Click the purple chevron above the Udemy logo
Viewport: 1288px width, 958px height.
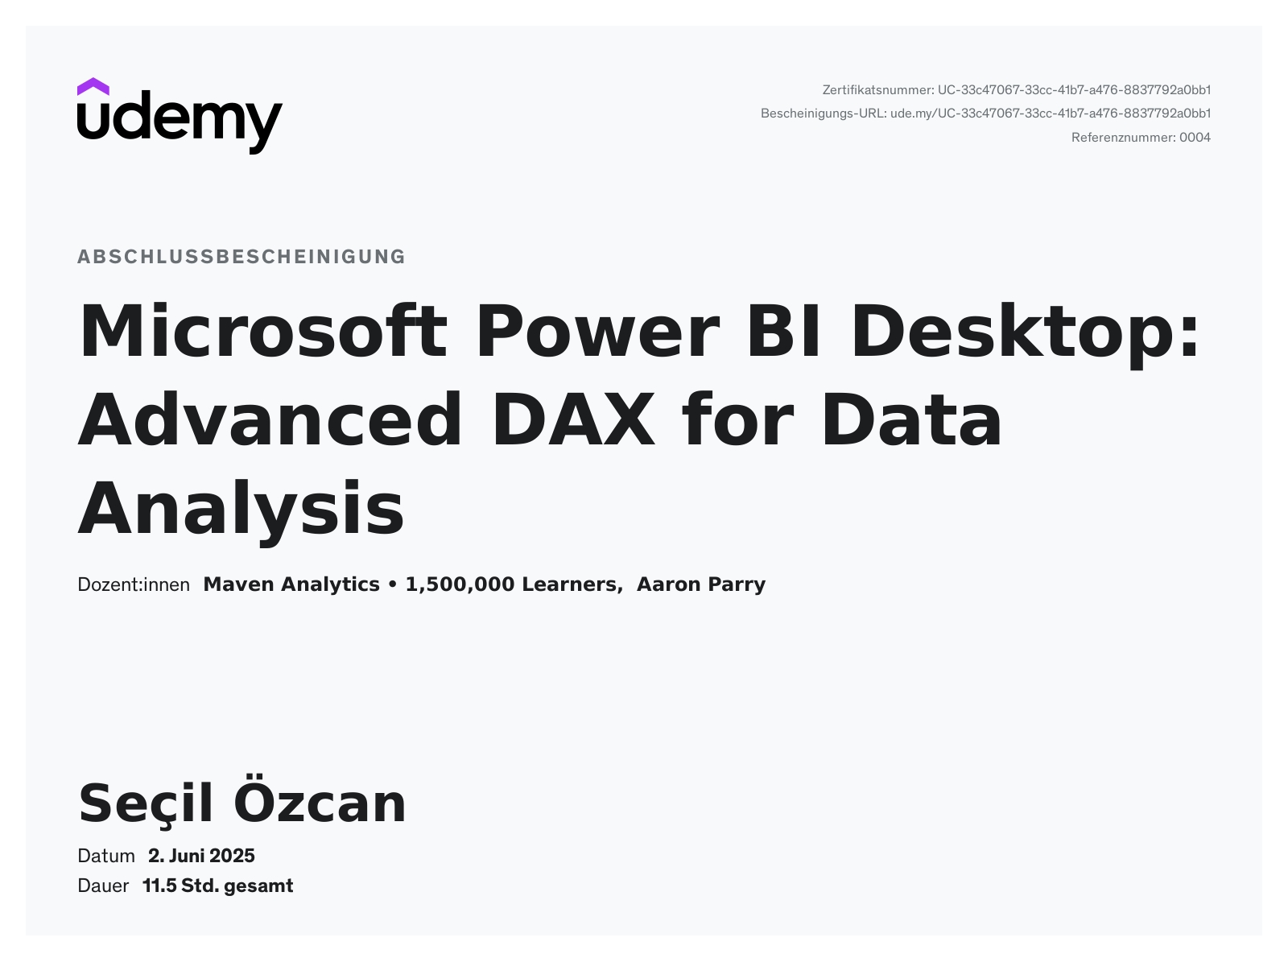93,86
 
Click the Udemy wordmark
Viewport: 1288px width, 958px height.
180,122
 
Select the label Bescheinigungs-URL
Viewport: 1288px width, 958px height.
824,114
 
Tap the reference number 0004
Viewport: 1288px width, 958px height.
1195,138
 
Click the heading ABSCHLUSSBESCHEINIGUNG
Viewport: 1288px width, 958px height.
242,257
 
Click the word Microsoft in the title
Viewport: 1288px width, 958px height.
263,331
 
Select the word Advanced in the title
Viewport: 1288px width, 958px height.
270,419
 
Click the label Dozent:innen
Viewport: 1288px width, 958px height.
134,584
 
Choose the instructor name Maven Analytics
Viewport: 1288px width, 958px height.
291,584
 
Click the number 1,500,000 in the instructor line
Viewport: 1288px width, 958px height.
460,584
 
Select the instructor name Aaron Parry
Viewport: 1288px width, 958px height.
701,584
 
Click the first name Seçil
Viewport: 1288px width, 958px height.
146,804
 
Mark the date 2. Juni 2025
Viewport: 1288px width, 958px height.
201,856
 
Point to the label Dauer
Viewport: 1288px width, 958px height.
103,886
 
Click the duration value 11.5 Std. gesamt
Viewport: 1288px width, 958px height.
218,886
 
